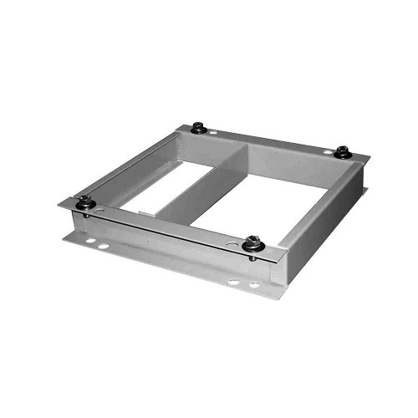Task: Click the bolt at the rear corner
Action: (198, 128)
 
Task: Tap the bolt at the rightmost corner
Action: (342, 151)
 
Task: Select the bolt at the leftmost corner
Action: (84, 201)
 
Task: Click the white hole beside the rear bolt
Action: (214, 132)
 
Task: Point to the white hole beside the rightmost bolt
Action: (327, 150)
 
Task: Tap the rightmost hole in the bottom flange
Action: (253, 285)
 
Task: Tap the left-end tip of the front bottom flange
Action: (65, 237)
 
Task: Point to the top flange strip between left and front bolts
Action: (167, 224)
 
